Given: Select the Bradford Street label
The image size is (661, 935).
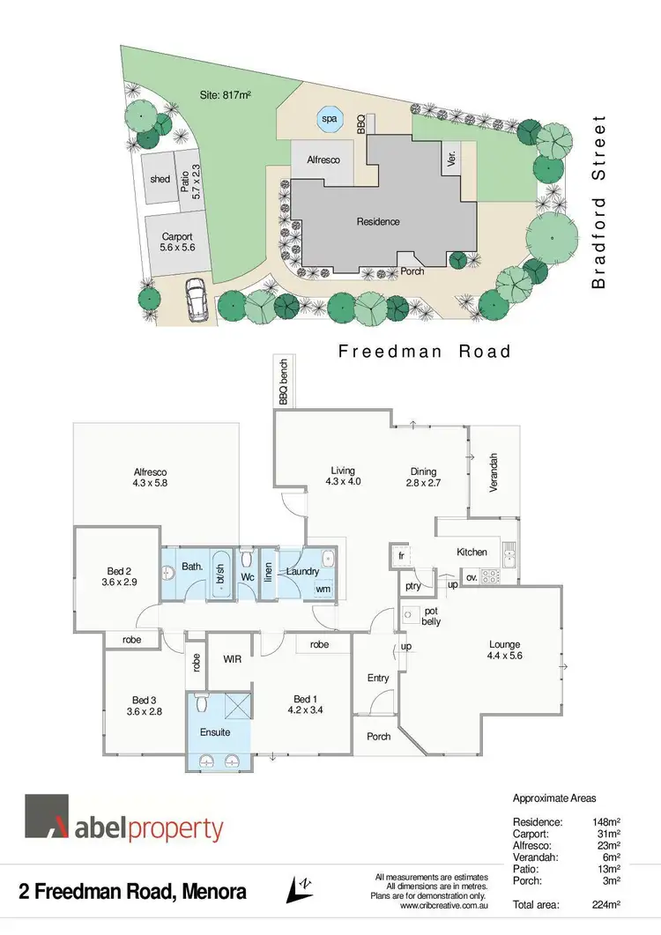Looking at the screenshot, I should point(600,202).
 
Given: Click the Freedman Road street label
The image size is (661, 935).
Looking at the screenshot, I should point(425,352).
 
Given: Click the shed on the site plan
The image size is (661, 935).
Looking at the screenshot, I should point(160,179).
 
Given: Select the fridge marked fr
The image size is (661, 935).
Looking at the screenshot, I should point(400,557).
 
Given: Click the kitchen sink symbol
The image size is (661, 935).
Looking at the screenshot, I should point(509,553).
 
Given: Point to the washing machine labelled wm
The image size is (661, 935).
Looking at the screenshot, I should point(323,589).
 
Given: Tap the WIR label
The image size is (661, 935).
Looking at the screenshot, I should point(233,658).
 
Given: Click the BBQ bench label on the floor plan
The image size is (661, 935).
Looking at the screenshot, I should point(284,383).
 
